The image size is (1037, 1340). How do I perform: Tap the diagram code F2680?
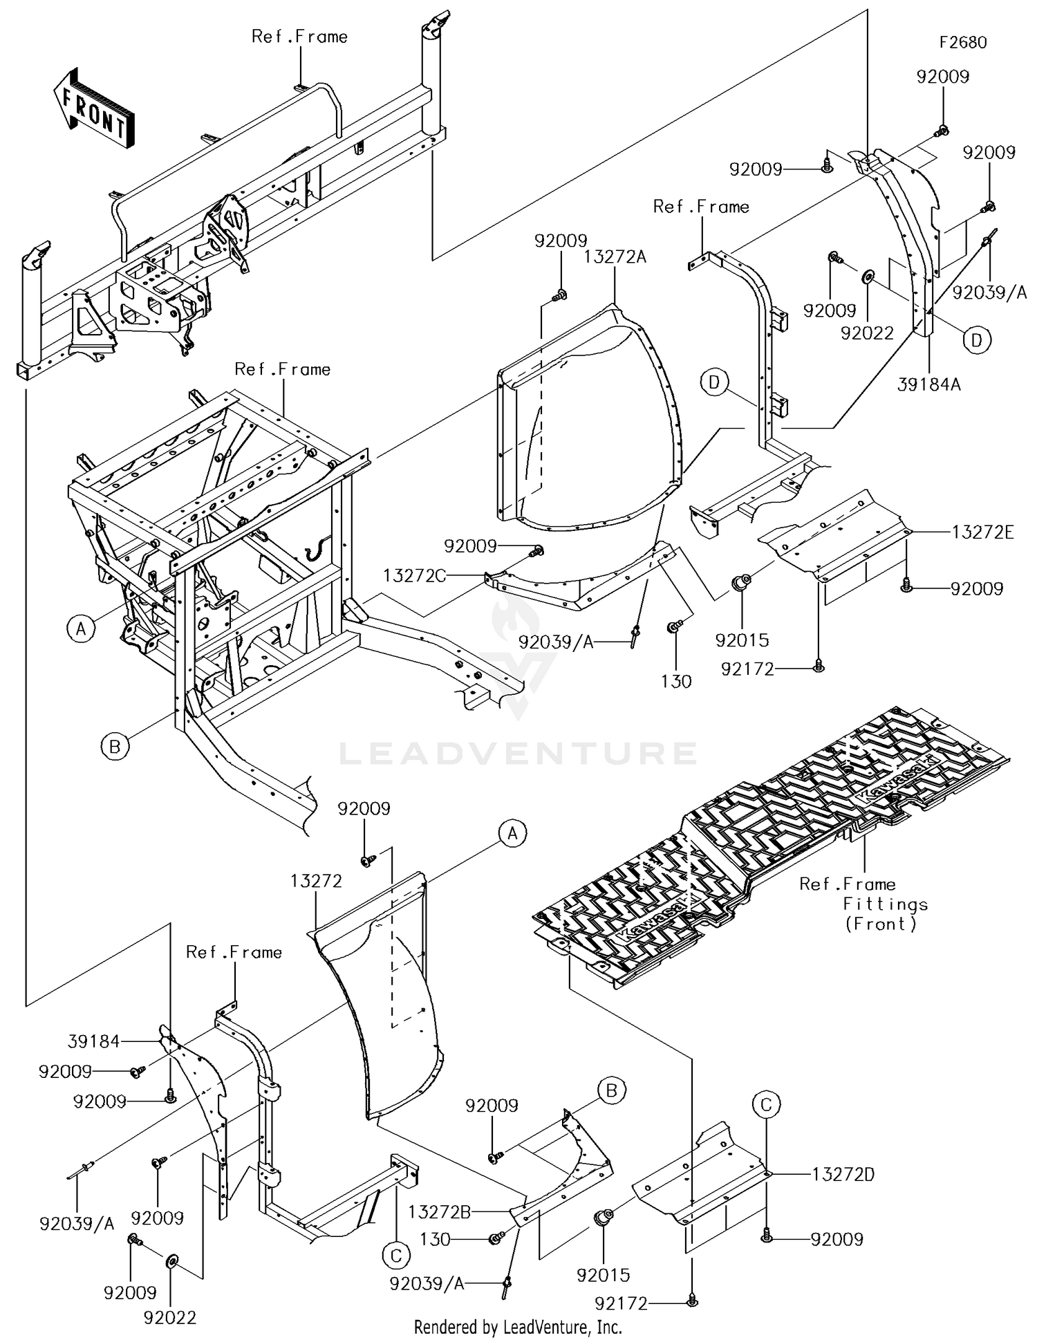click(963, 43)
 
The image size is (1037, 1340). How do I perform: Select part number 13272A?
click(615, 257)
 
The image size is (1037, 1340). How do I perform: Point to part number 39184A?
click(929, 384)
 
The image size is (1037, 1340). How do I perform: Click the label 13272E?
click(982, 532)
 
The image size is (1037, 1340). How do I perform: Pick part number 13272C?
click(415, 575)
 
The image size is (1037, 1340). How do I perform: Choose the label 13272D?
click(843, 1175)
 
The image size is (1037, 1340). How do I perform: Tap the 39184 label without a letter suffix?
click(94, 1041)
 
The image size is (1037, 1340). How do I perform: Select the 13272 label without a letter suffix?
click(316, 881)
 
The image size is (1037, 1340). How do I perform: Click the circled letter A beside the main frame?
click(81, 629)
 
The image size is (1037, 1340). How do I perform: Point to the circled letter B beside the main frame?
click(115, 747)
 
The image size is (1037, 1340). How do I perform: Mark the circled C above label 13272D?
click(766, 1105)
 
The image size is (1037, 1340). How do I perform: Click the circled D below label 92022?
click(977, 340)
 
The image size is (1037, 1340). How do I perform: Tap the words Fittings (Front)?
click(884, 914)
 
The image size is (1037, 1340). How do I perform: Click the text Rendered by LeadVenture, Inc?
click(518, 1327)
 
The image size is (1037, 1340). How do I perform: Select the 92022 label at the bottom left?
click(170, 1318)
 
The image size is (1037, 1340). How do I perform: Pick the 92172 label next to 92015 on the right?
click(747, 669)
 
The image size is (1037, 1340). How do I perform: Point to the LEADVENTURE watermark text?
click(518, 753)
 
